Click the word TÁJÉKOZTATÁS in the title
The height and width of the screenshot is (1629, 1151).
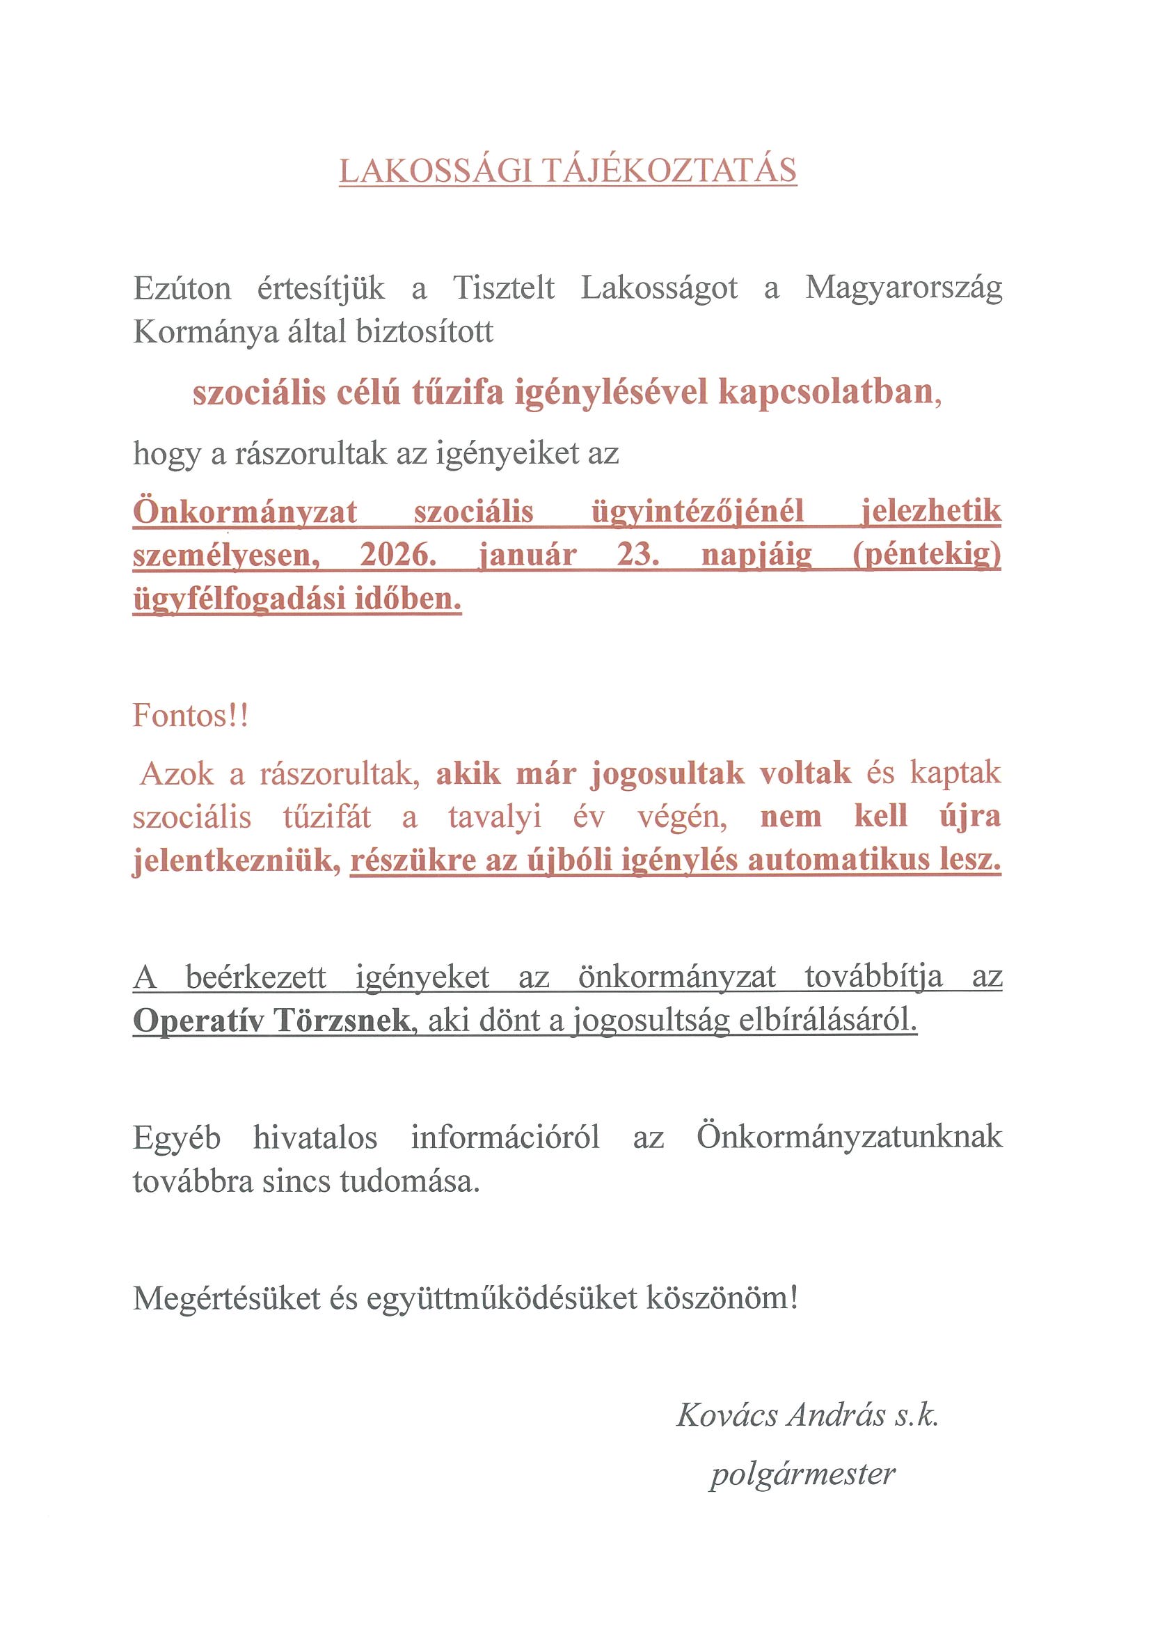tap(669, 171)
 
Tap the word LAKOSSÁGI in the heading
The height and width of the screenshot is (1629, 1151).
tap(436, 171)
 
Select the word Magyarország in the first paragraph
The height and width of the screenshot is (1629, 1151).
tap(903, 289)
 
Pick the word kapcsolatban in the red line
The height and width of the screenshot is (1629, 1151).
tap(825, 392)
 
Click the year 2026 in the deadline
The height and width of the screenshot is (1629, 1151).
tap(397, 555)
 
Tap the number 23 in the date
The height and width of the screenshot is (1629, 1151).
tap(637, 555)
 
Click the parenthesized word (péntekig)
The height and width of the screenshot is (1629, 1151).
tap(926, 555)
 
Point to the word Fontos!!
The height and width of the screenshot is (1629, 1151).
tap(191, 716)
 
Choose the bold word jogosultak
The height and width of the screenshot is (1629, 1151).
tap(667, 773)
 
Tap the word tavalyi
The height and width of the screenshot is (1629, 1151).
tap(495, 817)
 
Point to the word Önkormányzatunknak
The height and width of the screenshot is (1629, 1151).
tap(849, 1137)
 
